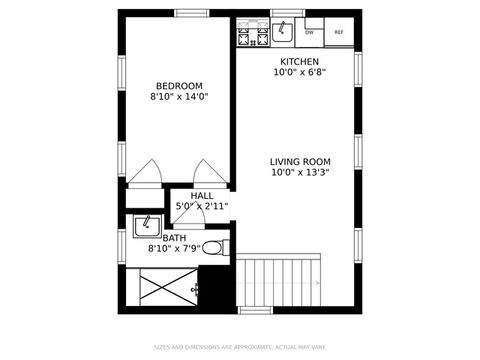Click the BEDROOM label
pyautogui.click(x=179, y=85)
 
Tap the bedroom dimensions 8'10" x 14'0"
pyautogui.click(x=179, y=97)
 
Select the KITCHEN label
pyautogui.click(x=299, y=61)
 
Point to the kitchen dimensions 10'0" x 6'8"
pyautogui.click(x=299, y=72)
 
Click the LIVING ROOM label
pyautogui.click(x=299, y=160)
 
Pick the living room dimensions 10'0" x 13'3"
pyautogui.click(x=299, y=172)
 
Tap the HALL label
pyautogui.click(x=202, y=195)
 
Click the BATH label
pyautogui.click(x=174, y=238)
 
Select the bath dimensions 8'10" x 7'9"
pyautogui.click(x=174, y=249)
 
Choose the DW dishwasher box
pyautogui.click(x=310, y=33)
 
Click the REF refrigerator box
pyautogui.click(x=339, y=33)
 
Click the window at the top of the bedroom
pyautogui.click(x=190, y=13)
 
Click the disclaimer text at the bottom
pyautogui.click(x=240, y=348)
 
